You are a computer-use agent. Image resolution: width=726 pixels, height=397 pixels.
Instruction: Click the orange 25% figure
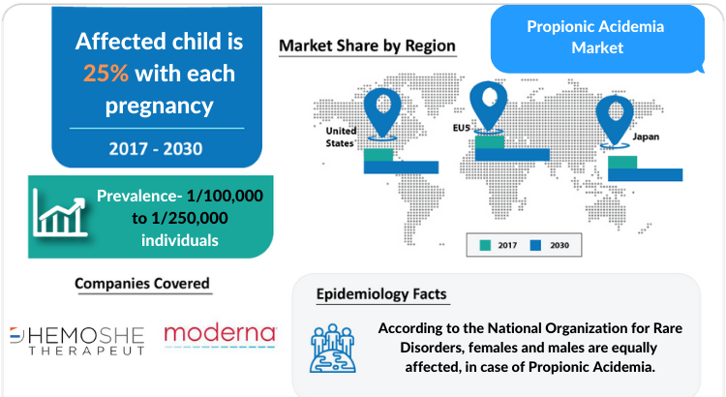pyautogui.click(x=106, y=74)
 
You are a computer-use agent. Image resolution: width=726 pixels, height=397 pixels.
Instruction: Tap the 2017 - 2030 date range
pyautogui.click(x=156, y=149)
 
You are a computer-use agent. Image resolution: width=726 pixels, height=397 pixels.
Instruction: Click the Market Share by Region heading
pyautogui.click(x=367, y=46)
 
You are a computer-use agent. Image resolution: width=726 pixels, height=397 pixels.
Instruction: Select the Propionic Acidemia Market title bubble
pyautogui.click(x=597, y=39)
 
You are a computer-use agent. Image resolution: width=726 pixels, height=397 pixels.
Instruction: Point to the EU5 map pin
pyautogui.click(x=489, y=107)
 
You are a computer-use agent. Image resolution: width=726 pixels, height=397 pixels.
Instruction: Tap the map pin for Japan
pyautogui.click(x=615, y=120)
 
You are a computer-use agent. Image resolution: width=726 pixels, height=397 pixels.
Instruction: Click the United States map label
pyautogui.click(x=341, y=137)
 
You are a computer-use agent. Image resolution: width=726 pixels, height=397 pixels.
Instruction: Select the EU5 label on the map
pyautogui.click(x=461, y=128)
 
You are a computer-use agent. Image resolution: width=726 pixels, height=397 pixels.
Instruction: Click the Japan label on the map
pyautogui.click(x=646, y=137)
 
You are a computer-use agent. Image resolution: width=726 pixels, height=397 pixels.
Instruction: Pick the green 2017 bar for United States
pyautogui.click(x=378, y=155)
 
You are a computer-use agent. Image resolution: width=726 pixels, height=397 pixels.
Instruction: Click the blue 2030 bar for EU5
pyautogui.click(x=512, y=155)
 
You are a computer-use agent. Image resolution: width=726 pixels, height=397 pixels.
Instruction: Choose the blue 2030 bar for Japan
pyautogui.click(x=646, y=174)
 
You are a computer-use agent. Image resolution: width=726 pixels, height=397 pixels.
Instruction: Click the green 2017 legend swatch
pyautogui.click(x=485, y=246)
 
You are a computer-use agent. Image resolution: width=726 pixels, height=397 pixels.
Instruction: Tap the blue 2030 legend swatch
pyautogui.click(x=535, y=246)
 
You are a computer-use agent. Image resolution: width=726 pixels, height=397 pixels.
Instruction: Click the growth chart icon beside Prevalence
pyautogui.click(x=60, y=213)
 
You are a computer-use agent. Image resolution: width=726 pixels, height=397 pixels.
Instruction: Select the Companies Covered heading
pyautogui.click(x=142, y=284)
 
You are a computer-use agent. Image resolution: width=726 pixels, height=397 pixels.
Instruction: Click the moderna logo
pyautogui.click(x=220, y=336)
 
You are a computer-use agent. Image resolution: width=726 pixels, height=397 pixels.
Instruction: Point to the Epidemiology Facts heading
pyautogui.click(x=381, y=294)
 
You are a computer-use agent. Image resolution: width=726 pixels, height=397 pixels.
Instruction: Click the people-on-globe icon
pyautogui.click(x=333, y=349)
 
